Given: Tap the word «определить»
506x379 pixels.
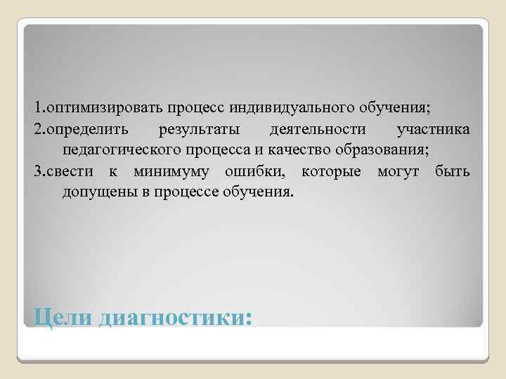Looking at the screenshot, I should (84, 130).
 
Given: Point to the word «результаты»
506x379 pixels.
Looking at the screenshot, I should (199, 130).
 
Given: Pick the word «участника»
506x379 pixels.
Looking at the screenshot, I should (434, 130).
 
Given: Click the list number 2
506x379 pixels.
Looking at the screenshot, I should (37, 130).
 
